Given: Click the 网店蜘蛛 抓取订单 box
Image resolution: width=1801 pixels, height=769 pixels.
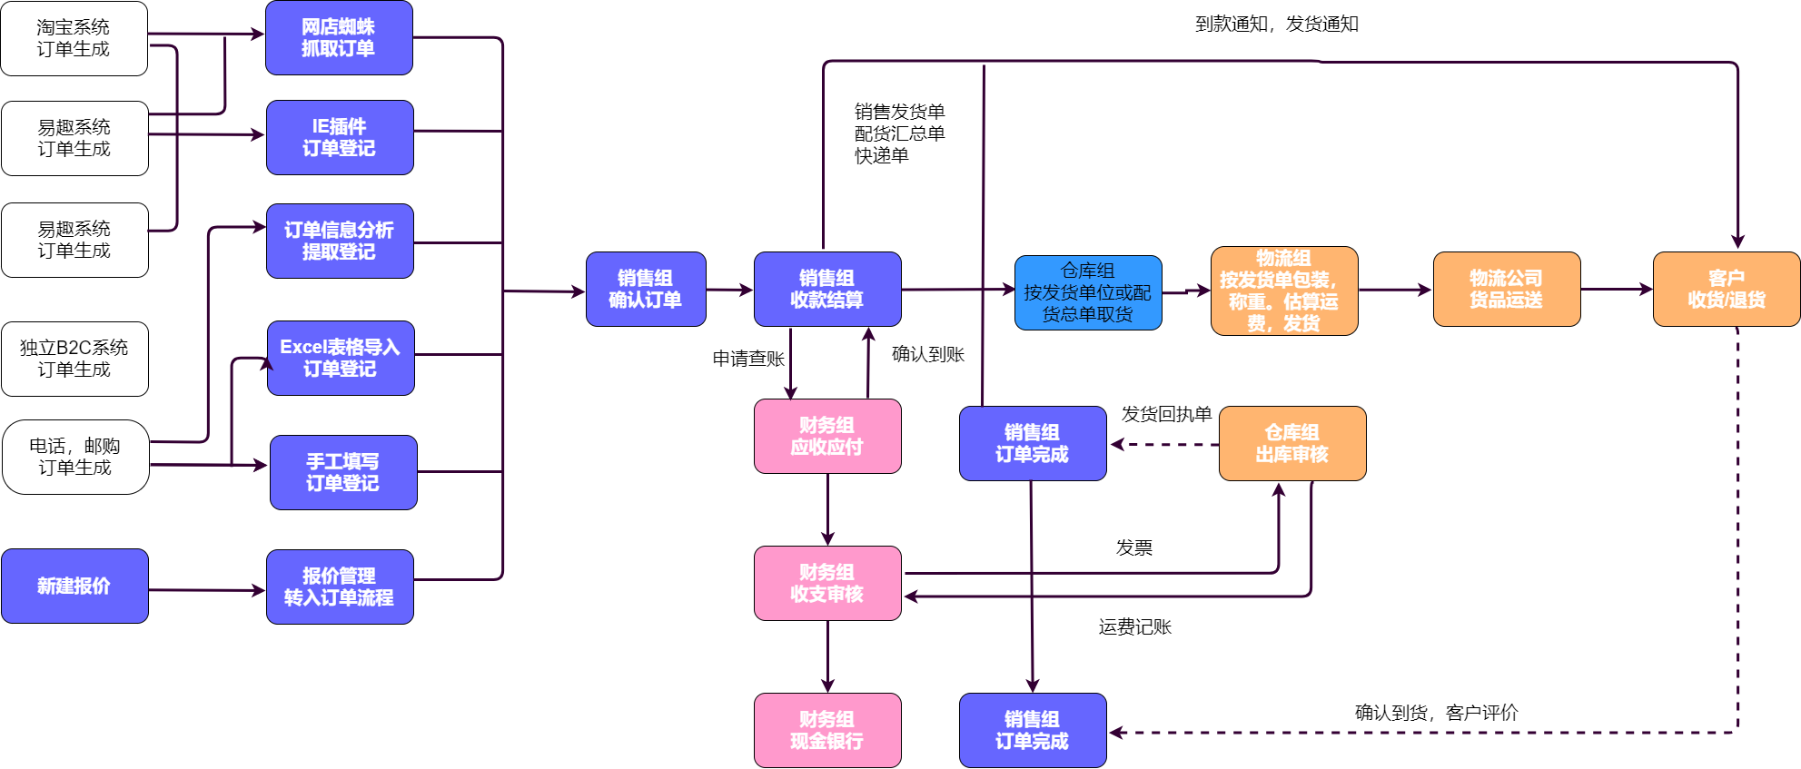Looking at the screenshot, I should (x=339, y=38).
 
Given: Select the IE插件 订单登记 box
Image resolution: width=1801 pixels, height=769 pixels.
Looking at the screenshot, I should (x=340, y=138).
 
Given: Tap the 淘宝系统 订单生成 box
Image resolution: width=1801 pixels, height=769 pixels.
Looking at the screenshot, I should (x=74, y=38).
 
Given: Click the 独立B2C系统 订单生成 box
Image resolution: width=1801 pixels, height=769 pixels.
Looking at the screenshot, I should (x=74, y=359).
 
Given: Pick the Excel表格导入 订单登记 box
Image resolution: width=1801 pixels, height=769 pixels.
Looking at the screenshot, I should (x=341, y=358).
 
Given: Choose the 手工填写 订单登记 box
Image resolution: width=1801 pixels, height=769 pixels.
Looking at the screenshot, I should (x=343, y=472).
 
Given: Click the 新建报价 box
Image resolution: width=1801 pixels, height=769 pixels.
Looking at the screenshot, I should (x=74, y=586).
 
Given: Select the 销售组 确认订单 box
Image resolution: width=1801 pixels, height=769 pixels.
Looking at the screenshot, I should (x=646, y=289).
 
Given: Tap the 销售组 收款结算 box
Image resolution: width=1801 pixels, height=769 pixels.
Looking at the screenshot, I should (x=827, y=289).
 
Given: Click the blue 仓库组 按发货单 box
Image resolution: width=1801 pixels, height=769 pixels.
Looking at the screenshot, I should (x=1088, y=292).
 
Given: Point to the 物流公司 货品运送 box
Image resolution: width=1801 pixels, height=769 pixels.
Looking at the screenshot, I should (x=1507, y=289).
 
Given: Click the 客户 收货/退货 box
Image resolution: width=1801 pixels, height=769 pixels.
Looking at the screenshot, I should (x=1727, y=289).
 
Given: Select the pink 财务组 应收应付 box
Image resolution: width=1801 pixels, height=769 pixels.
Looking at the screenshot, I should (x=827, y=436).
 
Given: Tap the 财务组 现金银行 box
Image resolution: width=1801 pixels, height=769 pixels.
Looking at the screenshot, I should (x=827, y=730).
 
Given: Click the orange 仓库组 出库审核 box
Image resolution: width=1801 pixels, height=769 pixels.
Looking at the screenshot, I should (x=1292, y=443).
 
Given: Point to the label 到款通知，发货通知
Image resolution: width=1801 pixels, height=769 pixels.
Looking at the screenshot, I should (x=1277, y=25).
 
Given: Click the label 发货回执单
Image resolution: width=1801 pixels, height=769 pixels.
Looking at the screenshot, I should (x=1166, y=415).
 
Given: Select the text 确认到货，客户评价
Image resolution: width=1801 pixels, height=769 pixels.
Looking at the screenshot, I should (x=1436, y=713).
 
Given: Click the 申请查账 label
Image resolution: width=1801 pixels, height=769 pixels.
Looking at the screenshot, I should (x=748, y=359).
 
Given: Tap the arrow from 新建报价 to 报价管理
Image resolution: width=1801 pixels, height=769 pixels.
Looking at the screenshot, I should (x=207, y=590).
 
